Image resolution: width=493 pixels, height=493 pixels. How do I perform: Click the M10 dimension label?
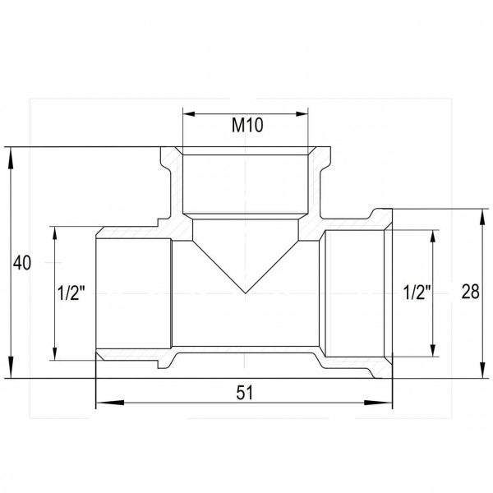[247, 125]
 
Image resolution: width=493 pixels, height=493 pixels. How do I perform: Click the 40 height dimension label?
[22, 263]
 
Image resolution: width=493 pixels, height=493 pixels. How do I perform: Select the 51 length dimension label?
[245, 393]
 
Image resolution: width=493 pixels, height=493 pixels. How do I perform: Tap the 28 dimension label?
[470, 292]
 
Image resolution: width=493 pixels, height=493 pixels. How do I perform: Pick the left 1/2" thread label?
[71, 293]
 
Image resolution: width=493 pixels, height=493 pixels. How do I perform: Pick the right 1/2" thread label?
[417, 293]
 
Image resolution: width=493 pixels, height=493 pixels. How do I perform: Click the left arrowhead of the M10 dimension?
[189, 114]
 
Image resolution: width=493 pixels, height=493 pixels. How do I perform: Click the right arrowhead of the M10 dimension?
[302, 114]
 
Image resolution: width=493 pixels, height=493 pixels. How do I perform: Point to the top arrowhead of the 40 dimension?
[11, 157]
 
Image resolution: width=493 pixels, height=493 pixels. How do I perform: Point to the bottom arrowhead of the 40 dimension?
[11, 368]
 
